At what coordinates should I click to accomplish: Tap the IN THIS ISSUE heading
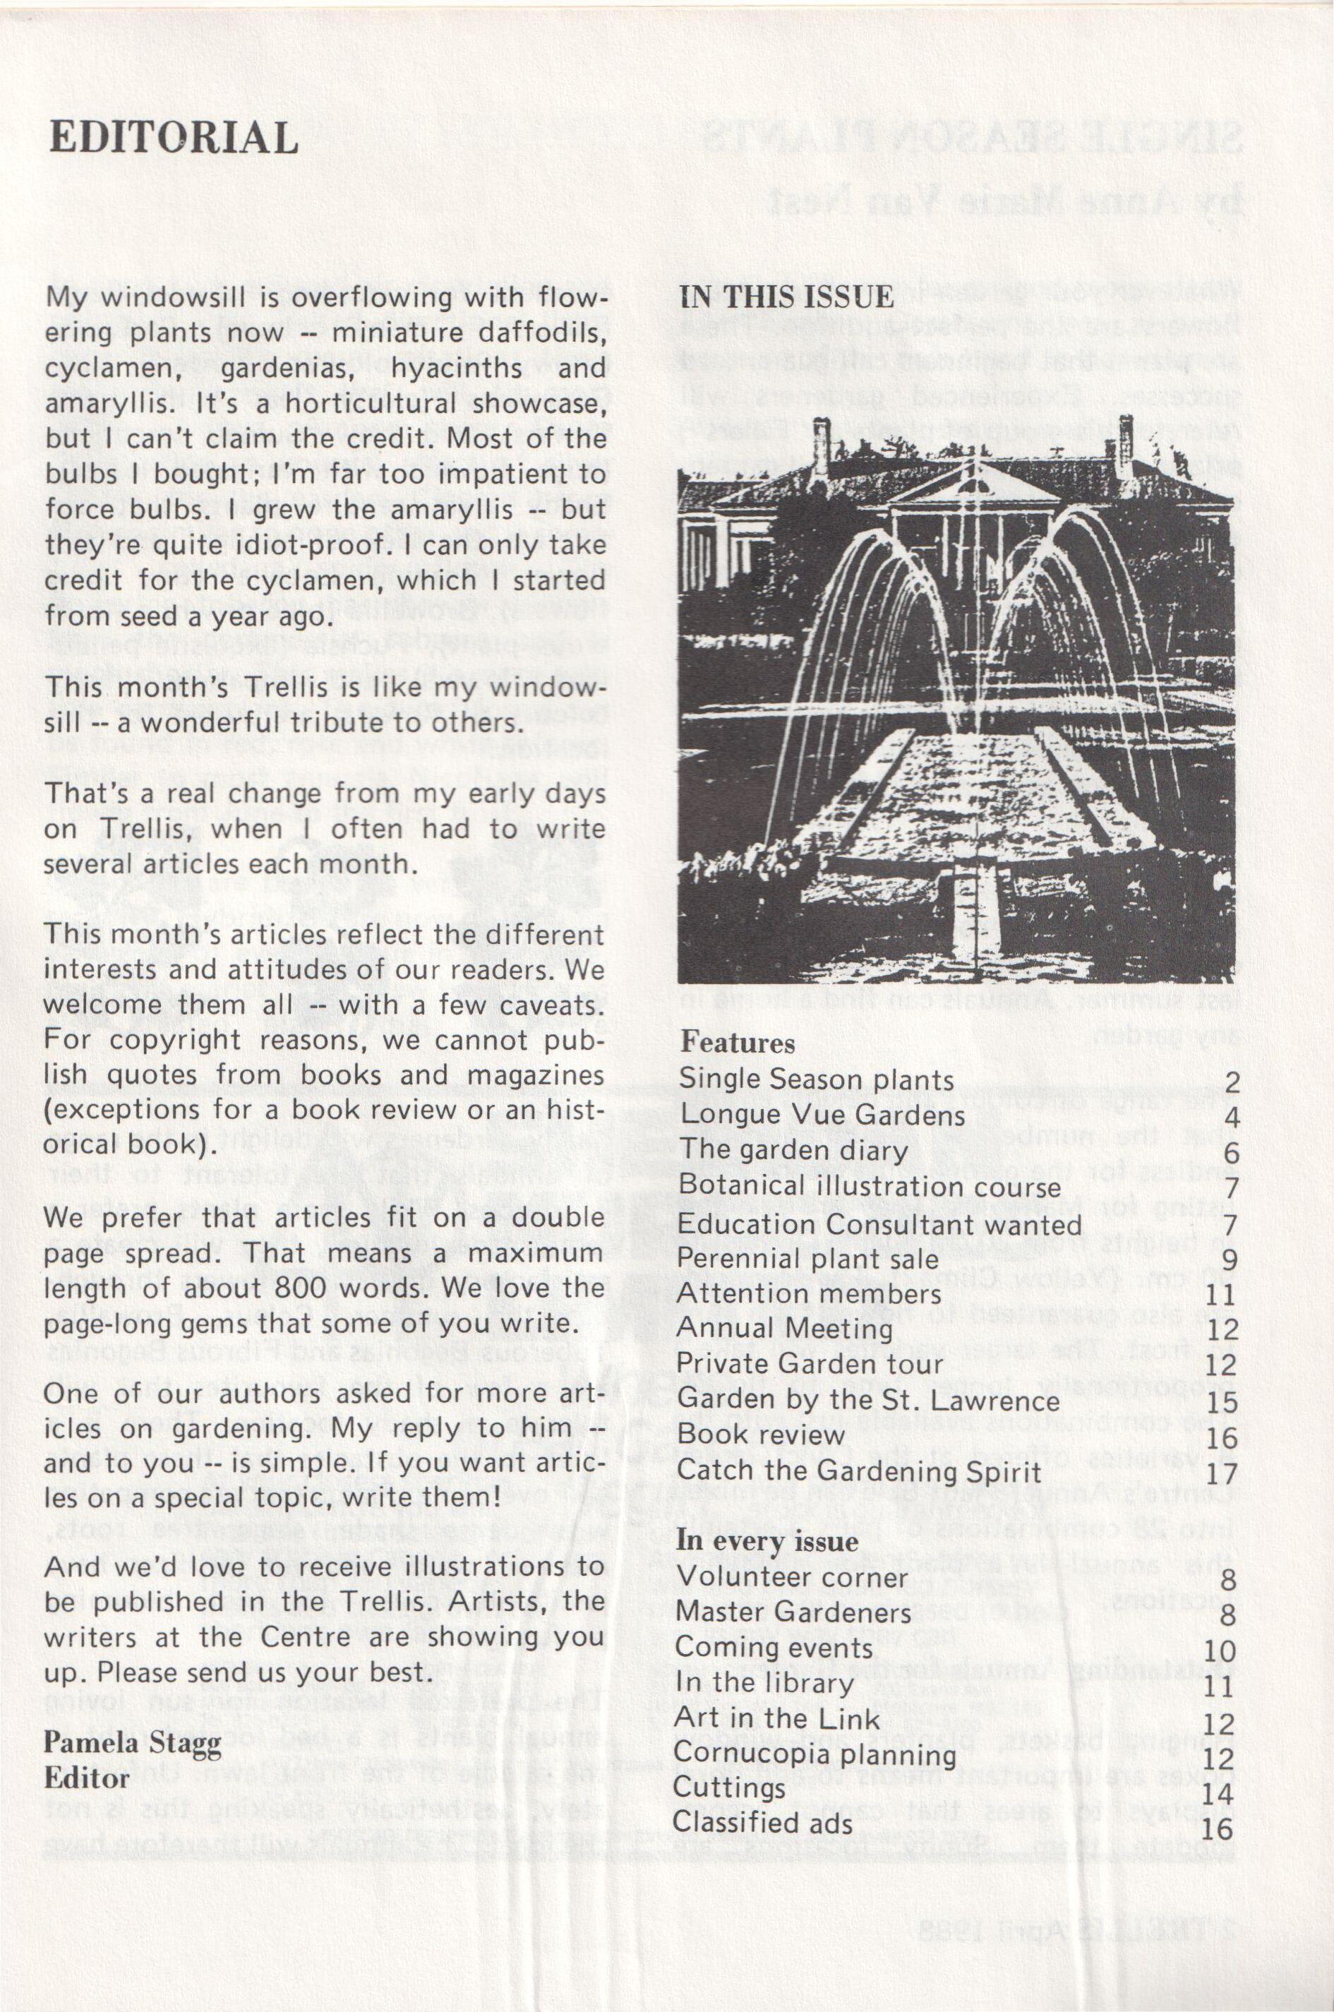tap(786, 297)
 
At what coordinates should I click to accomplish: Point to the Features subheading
tap(737, 1042)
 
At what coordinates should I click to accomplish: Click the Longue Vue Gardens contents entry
tap(822, 1115)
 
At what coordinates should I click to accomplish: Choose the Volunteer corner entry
tap(792, 1576)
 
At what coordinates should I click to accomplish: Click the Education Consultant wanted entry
tap(879, 1224)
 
